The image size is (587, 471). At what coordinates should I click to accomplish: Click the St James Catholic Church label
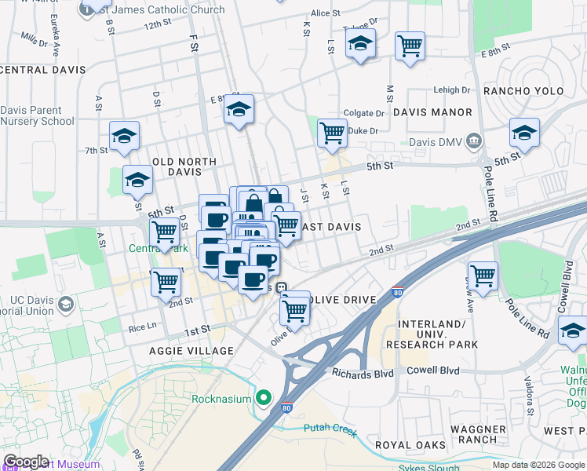173,10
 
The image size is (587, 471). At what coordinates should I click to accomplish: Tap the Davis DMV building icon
473,142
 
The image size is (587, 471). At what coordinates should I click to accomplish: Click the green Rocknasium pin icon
264,398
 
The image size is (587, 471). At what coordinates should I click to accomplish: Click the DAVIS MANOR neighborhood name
432,112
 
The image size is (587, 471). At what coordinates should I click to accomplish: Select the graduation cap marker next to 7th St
124,136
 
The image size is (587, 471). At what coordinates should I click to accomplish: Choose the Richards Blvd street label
362,374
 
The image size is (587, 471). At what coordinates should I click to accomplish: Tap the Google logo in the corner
26,462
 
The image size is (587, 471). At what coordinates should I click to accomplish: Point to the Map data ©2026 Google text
538,465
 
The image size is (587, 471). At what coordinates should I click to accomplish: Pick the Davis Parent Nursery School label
37,116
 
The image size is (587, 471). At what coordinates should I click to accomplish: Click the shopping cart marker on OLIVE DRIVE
295,309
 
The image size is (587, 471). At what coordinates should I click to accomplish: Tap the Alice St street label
325,13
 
